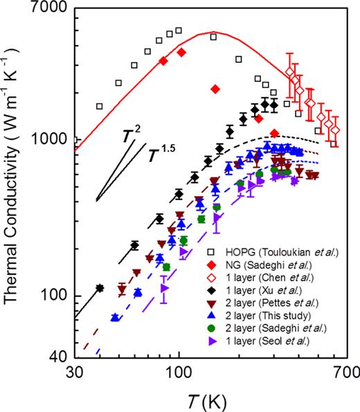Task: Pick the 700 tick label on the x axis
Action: tap(343, 371)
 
